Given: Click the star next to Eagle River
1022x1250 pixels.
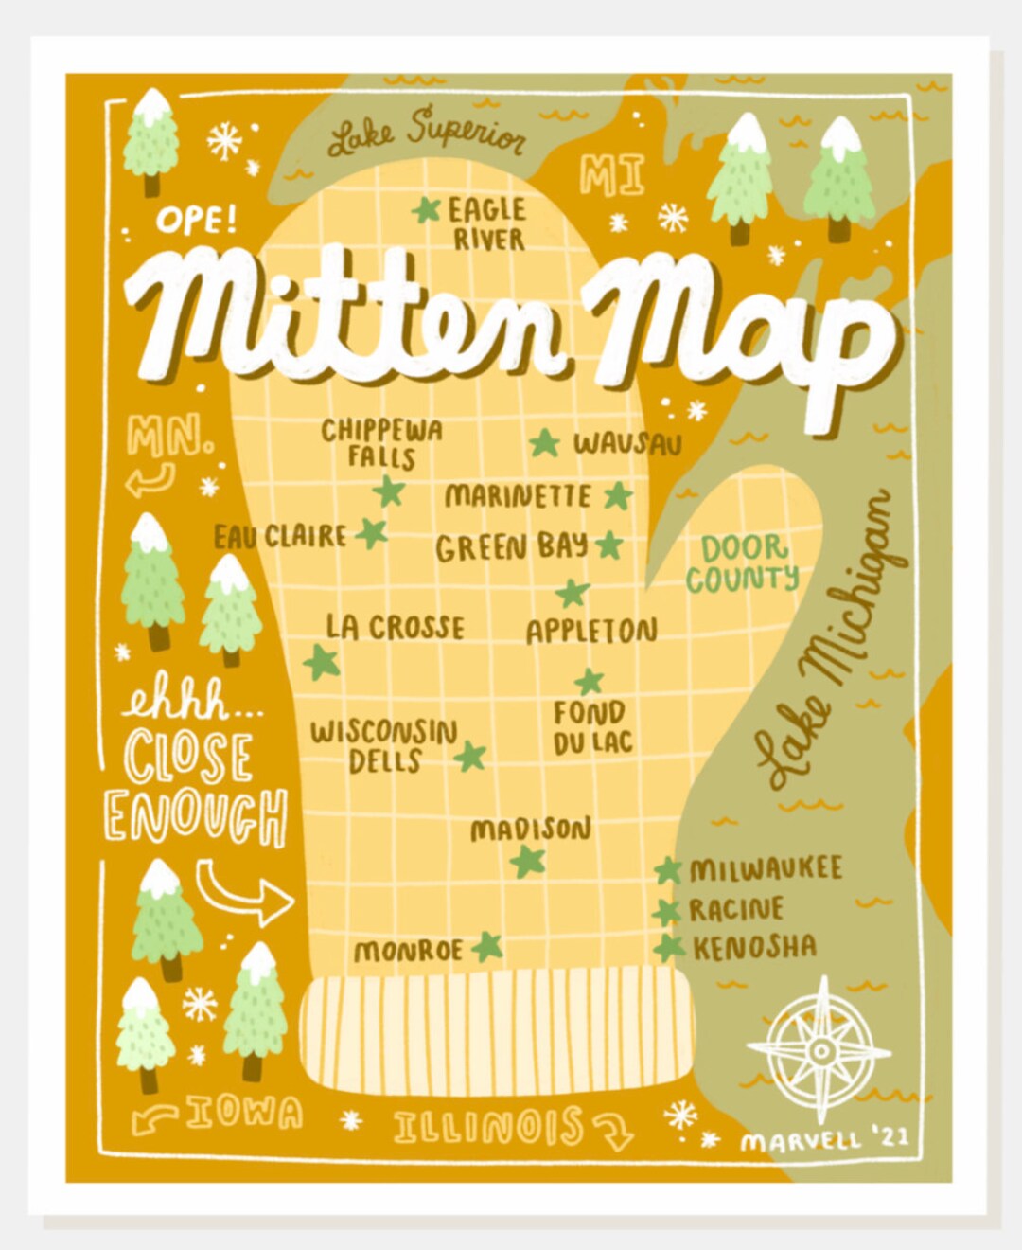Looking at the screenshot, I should point(427,210).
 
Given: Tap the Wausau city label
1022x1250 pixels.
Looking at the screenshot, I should point(626,443).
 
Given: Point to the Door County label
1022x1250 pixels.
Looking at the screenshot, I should point(743,563).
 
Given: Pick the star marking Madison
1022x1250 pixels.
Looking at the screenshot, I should point(528,861).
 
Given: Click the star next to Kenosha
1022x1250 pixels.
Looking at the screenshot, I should point(669,947).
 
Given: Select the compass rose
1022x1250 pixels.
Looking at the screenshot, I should point(819,1050).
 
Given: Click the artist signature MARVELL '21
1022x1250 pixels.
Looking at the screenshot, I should point(824,1138).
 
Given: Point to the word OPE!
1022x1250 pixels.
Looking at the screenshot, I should point(196,222).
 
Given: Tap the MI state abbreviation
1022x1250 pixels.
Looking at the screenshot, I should point(612,176).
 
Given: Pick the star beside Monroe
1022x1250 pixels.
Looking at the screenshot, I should point(487,946).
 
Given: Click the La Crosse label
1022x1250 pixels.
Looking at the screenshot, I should point(395,627).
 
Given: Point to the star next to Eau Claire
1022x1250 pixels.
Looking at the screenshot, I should point(372,533).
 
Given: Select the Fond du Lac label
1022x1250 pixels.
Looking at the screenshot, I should point(590,726).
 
